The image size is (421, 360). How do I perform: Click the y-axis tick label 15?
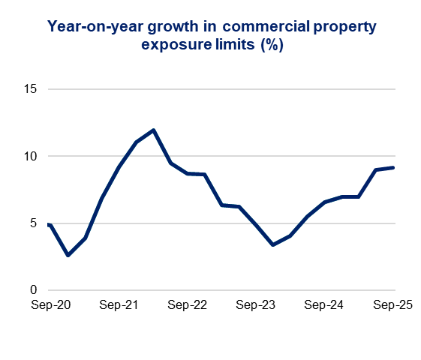click(31, 89)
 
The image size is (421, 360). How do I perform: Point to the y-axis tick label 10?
click(31, 156)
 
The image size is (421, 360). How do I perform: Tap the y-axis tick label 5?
click(34, 223)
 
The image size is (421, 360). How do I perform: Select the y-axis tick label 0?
click(34, 290)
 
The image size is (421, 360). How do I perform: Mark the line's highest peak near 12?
click(153, 130)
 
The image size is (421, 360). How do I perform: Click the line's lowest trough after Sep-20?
click(68, 255)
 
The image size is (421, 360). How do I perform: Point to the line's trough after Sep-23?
click(273, 244)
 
